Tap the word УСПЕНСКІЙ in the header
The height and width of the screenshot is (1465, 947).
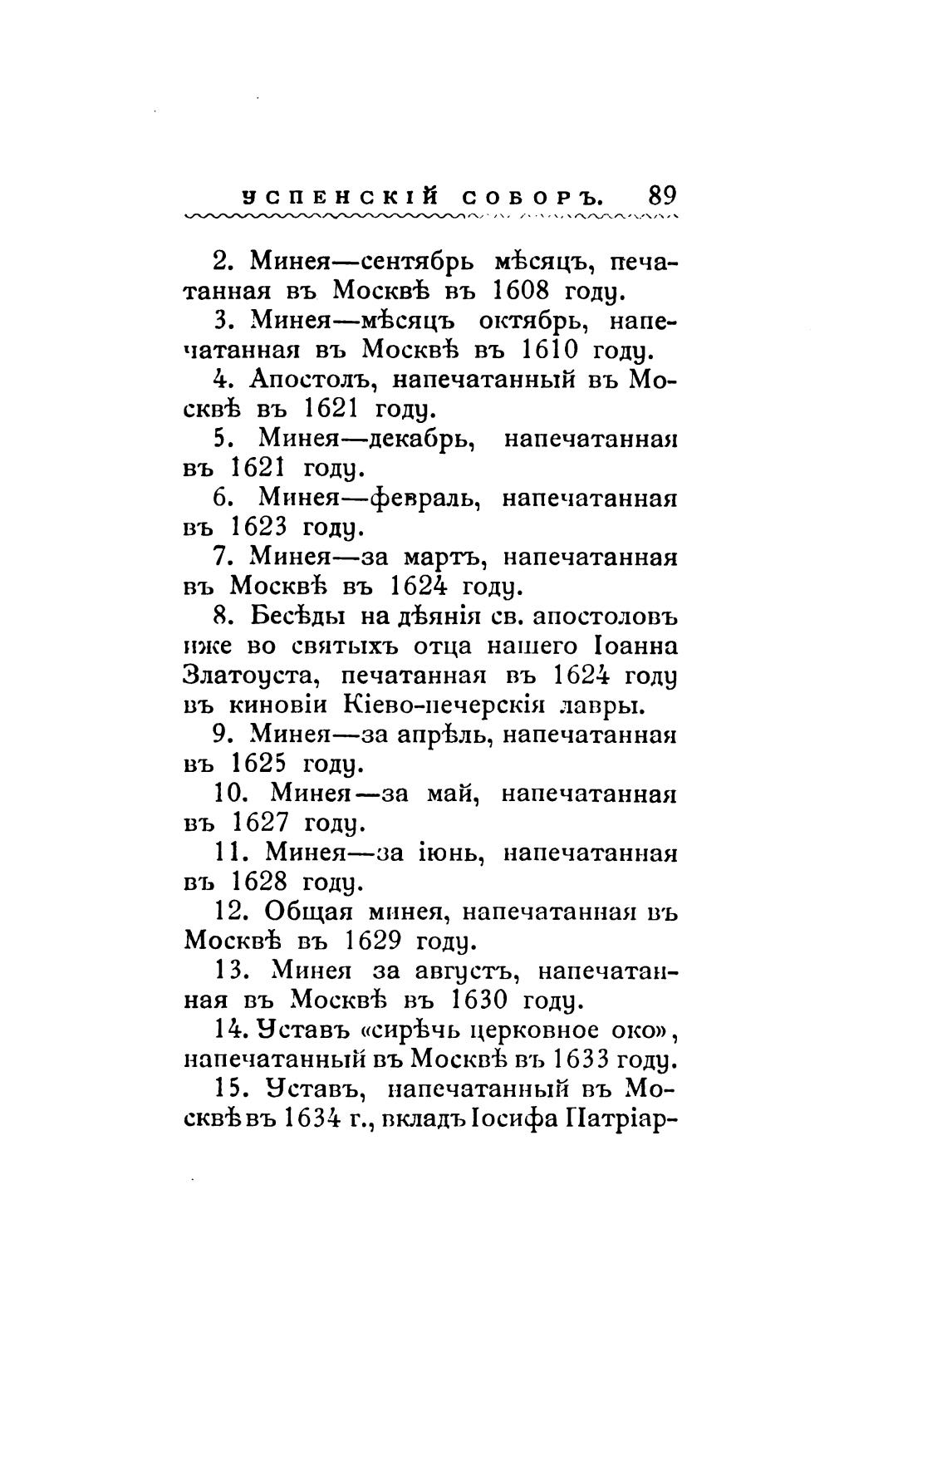[339, 198]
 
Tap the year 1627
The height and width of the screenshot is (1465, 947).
[259, 823]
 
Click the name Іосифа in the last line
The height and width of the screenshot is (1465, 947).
[514, 1118]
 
